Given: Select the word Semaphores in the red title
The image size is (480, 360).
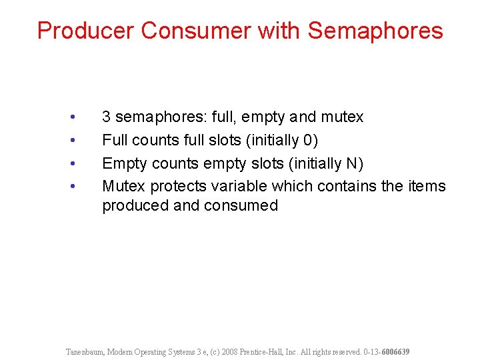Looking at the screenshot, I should pyautogui.click(x=376, y=31).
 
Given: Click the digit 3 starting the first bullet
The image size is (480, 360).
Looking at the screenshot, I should pyautogui.click(x=107, y=117).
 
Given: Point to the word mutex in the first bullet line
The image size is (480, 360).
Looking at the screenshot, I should pyautogui.click(x=342, y=117).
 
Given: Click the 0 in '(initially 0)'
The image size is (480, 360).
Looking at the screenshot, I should pyautogui.click(x=309, y=141).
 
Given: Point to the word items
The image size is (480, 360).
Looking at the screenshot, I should pyautogui.click(x=426, y=186).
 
